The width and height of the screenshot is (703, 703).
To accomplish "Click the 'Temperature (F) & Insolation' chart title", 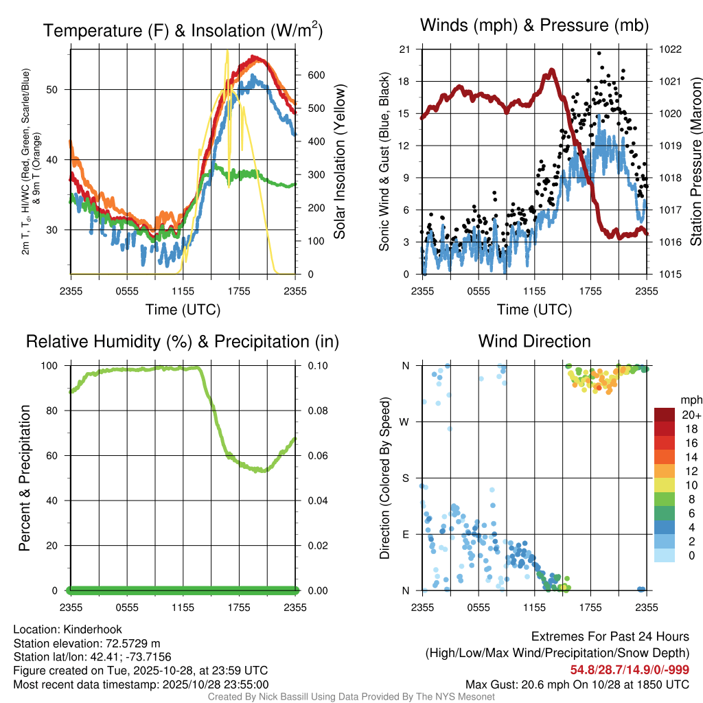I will click(183, 30).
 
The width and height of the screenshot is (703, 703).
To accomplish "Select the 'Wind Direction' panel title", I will click(534, 341).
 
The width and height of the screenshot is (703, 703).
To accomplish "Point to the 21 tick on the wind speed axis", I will click(404, 49).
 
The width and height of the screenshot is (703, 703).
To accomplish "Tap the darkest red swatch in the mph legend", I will click(665, 415).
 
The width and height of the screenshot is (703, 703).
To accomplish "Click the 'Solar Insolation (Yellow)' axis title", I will click(339, 161).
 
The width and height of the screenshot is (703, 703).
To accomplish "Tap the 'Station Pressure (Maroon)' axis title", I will click(695, 161).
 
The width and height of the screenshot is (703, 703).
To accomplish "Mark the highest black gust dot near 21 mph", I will click(599, 53).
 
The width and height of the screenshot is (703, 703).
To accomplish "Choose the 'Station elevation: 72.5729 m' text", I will click(87, 643).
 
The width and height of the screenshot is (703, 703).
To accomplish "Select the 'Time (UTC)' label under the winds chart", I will click(534, 310).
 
